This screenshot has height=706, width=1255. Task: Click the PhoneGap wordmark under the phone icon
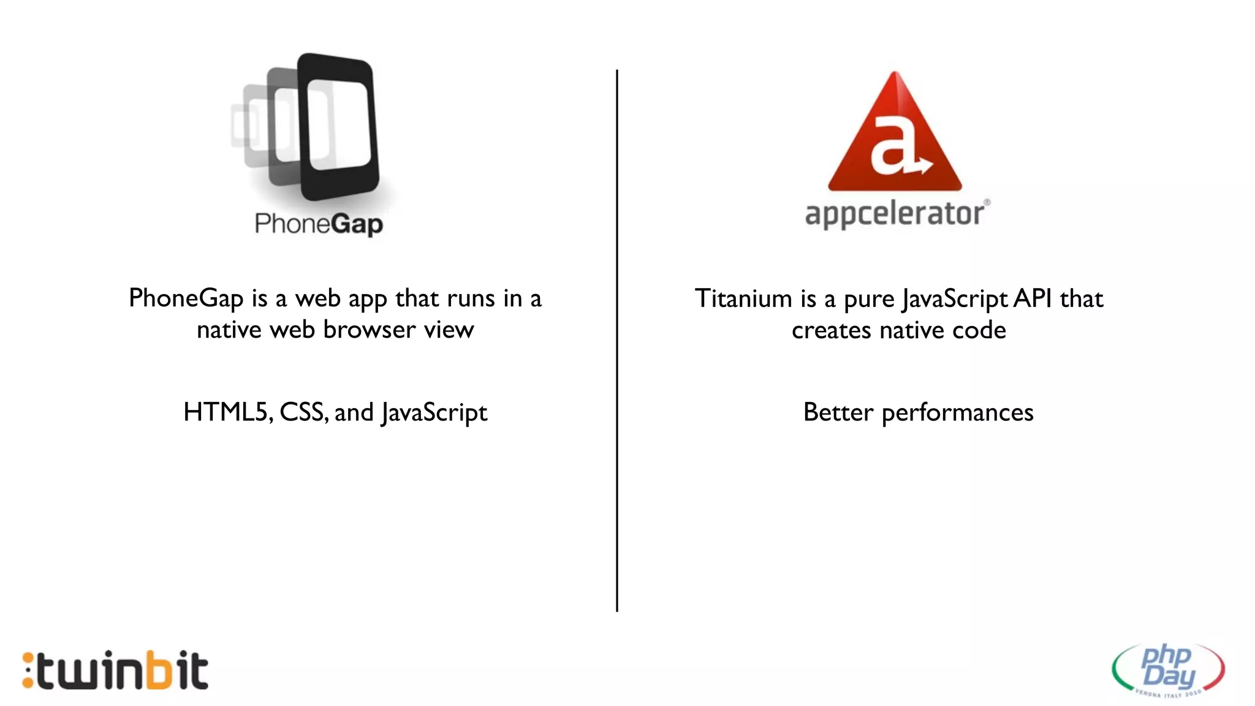point(319,224)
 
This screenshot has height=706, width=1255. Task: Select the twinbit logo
point(116,670)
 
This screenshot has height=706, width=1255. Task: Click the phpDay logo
point(1168,669)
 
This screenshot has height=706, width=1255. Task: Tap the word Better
point(838,412)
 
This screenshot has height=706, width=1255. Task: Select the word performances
point(957,414)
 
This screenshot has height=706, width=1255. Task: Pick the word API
point(1033,299)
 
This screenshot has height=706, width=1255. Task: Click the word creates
point(831,331)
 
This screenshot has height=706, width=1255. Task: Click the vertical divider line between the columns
point(617,340)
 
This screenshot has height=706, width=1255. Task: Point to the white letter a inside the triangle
point(892,145)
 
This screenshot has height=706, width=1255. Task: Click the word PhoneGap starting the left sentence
point(186,299)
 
